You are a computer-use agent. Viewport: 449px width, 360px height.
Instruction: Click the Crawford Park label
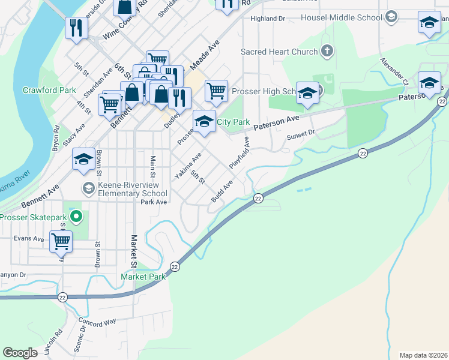point(49,90)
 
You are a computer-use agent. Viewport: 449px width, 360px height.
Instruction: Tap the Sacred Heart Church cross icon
point(327,52)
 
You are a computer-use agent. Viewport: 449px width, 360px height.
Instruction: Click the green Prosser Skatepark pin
point(75,215)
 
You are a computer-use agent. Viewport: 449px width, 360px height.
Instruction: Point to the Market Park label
point(143,277)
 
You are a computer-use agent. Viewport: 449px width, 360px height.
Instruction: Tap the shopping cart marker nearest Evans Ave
point(61,242)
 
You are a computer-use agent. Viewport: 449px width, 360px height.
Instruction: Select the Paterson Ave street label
point(276,124)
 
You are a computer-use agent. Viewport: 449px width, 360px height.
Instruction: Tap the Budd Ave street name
point(221,191)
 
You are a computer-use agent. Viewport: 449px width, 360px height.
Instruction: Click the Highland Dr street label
point(268,19)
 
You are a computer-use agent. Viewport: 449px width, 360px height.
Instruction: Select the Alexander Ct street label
point(394,72)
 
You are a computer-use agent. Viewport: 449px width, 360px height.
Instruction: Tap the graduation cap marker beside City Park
point(204,122)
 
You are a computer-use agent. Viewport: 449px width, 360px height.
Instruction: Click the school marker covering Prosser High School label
point(307,94)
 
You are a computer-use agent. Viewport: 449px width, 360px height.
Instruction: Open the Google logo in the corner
point(20,353)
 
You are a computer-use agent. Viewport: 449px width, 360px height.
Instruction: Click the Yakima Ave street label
point(188,166)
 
